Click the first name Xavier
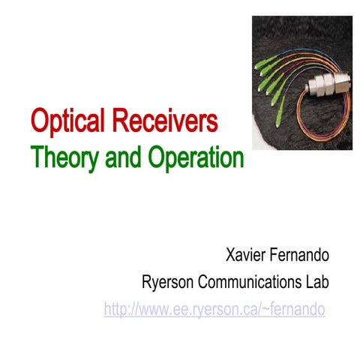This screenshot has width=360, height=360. [x=244, y=256]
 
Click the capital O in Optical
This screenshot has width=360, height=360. [x=40, y=120]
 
